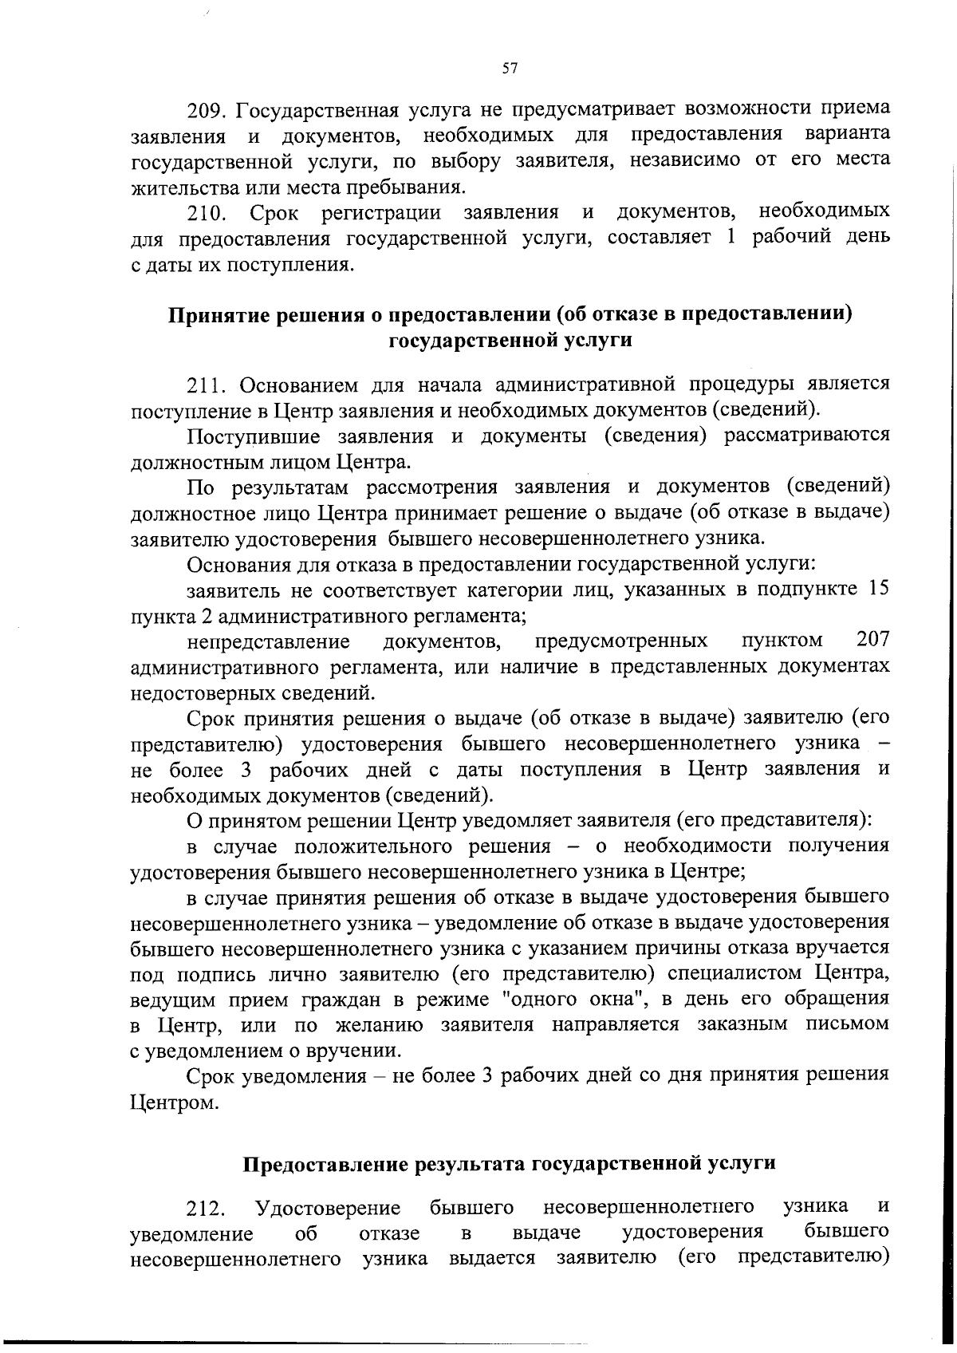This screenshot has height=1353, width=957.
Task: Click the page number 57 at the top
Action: [510, 69]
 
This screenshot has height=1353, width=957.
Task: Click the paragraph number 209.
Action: [209, 108]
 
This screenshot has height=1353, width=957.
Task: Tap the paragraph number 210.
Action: [208, 214]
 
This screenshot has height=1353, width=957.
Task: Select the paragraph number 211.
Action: [207, 386]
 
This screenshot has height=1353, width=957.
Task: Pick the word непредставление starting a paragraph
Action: [268, 642]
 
